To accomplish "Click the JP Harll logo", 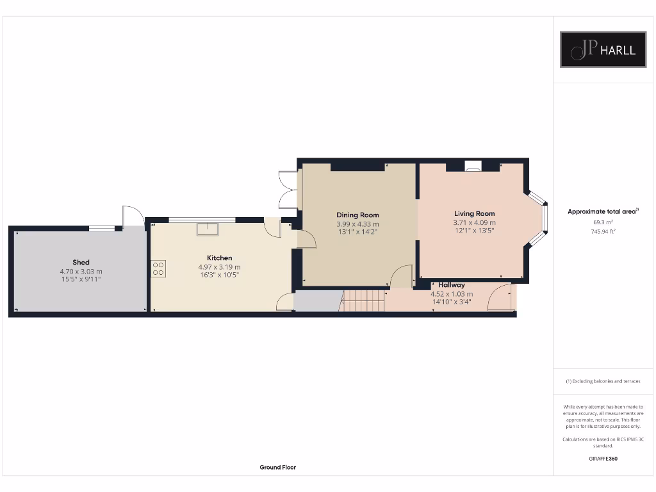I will point(603,49).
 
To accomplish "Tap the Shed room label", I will point(81,262).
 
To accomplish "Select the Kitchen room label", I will point(219,258).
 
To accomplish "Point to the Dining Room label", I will point(357,215).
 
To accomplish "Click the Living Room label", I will point(474,213).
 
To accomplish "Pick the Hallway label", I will point(452,285).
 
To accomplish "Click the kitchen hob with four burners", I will point(158,268).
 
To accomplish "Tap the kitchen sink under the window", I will point(208,229).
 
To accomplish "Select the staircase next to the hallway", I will point(363,300).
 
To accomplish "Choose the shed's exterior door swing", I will point(133,217).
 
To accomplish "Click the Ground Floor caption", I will point(277,468).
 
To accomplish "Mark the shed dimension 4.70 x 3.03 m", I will point(81,271).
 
